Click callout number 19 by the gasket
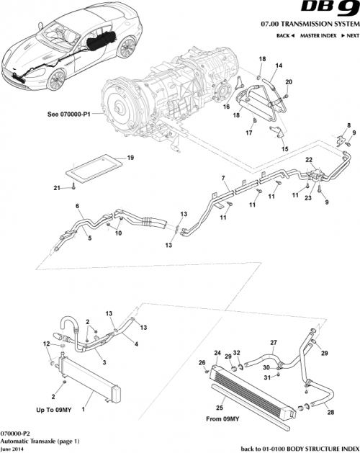(109, 157)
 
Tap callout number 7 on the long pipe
(223, 178)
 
